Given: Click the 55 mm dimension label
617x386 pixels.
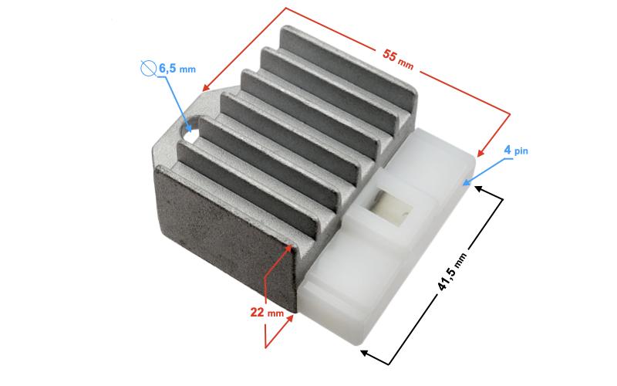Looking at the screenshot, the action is (x=398, y=59).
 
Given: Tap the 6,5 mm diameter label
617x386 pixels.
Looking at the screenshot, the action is (x=177, y=69).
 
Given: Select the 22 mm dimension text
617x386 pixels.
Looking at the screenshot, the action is (x=267, y=313).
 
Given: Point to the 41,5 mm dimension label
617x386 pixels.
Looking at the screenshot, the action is (x=452, y=272).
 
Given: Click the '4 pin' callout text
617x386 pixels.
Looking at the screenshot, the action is (x=516, y=150).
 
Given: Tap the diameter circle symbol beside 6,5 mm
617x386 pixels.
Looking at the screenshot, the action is (x=147, y=69).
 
